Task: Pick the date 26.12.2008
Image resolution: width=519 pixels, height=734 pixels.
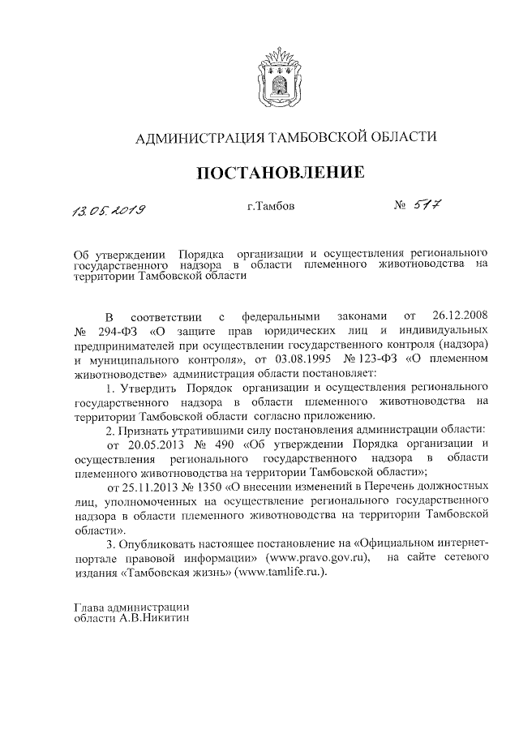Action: coord(461,315)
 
